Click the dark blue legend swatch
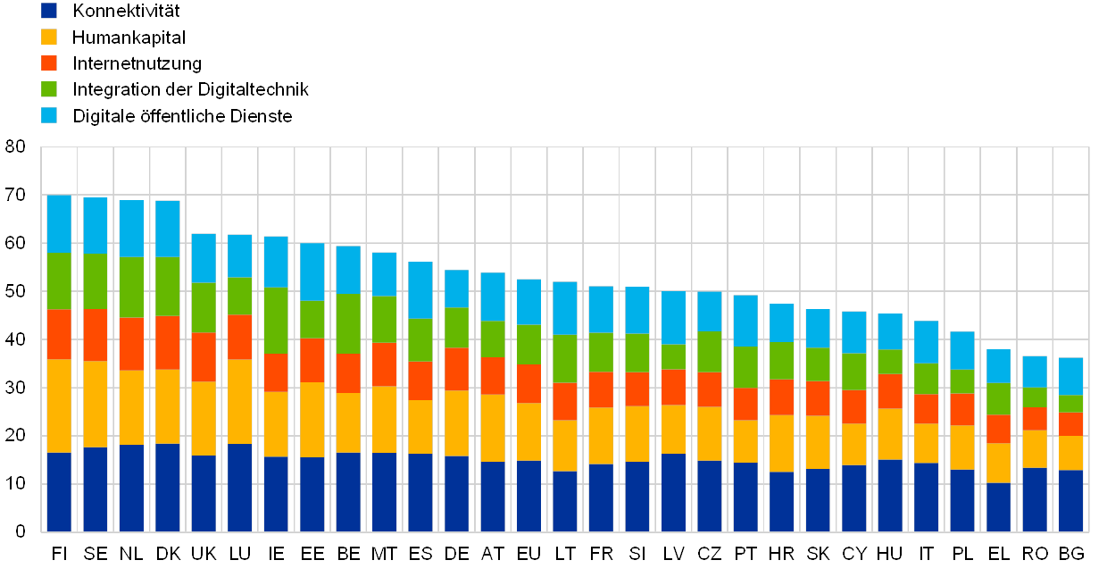[x=49, y=11]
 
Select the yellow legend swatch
[x=49, y=37]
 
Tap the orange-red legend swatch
[x=49, y=63]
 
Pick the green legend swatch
[x=49, y=89]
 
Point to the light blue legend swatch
[x=49, y=115]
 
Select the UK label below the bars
[x=204, y=555]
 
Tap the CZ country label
[x=710, y=555]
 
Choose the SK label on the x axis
[x=818, y=555]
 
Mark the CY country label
[x=854, y=555]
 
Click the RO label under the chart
[x=1035, y=555]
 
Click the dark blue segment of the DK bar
[x=168, y=488]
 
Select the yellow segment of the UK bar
[x=204, y=418]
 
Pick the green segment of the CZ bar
[x=710, y=352]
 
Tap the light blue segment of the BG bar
[x=1071, y=376]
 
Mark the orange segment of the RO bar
[x=1035, y=418]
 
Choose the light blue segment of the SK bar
[x=818, y=328]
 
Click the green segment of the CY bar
[x=854, y=372]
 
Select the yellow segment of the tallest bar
[x=59, y=406]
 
